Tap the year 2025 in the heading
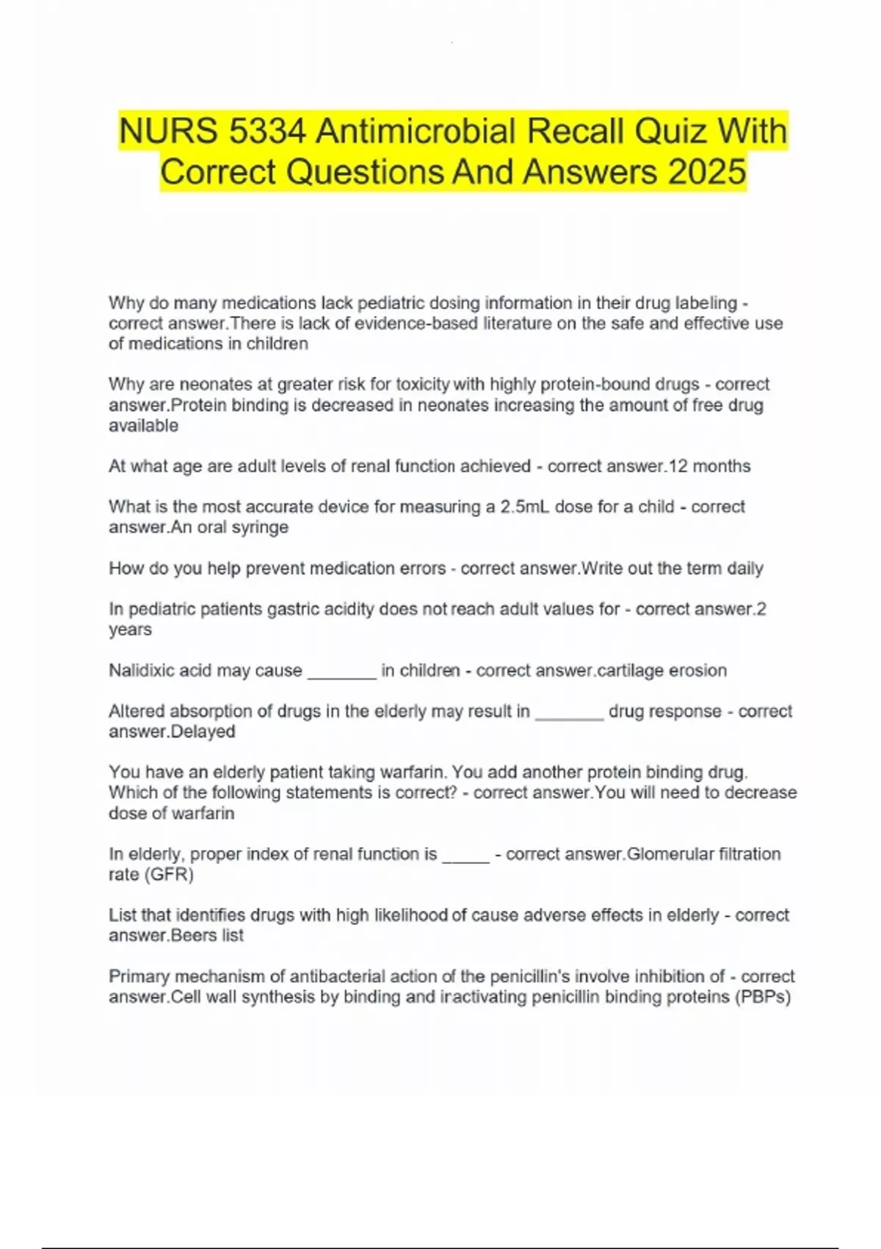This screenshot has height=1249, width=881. click(707, 172)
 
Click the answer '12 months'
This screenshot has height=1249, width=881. click(710, 466)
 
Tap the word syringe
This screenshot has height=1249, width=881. click(261, 528)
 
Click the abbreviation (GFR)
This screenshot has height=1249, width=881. click(169, 874)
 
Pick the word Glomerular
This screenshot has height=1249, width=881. click(669, 854)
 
